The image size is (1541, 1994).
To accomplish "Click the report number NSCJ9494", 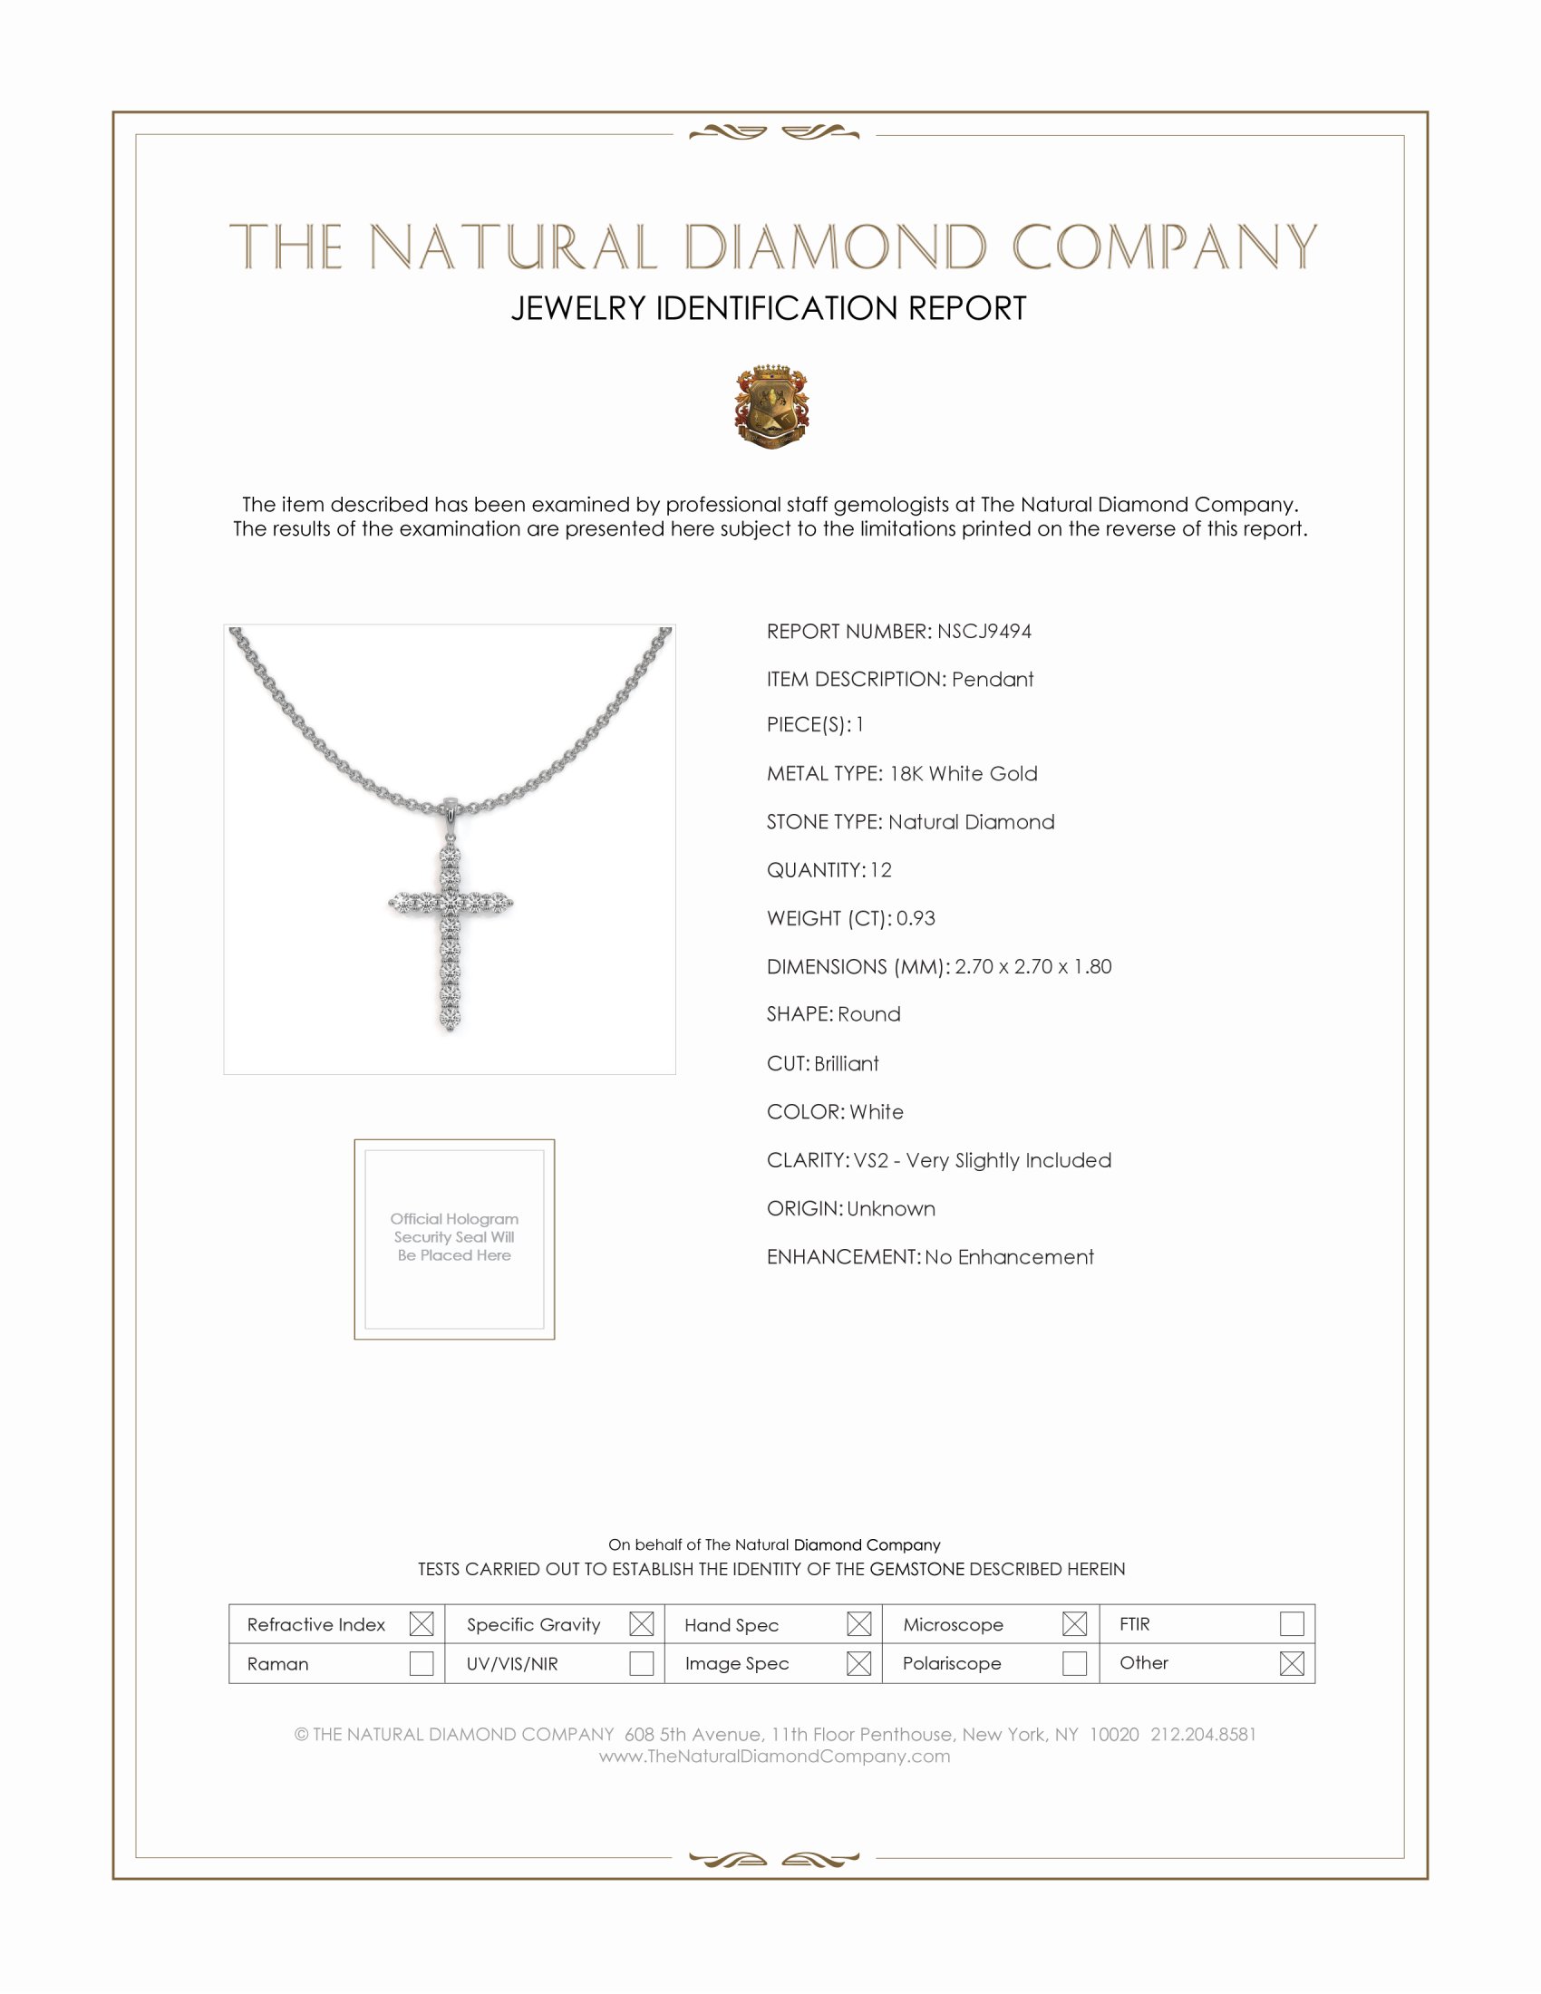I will pos(984,632).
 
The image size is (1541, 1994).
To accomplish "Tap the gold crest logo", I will pos(771,406).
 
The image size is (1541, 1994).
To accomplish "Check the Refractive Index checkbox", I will pos(421,1624).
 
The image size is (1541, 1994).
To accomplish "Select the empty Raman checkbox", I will pos(421,1663).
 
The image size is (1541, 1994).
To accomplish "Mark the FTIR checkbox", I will pos(1292,1624).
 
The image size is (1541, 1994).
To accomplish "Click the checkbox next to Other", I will pos(1292,1663).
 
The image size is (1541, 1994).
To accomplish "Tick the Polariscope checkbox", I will pos(1074,1663).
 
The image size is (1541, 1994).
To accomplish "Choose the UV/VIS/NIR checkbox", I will pos(642,1663).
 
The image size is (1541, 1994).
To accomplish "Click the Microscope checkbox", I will pos(1074,1624).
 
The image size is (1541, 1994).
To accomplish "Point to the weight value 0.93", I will pos(916,918).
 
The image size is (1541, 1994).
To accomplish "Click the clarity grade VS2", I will pos(871,1160).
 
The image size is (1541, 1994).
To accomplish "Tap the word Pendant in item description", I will pos(993,680).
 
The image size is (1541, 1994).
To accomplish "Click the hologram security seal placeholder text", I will pos(455,1237).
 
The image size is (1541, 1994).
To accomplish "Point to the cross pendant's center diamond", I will pos(451,903).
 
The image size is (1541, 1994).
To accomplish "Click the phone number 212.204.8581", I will pos(1203,1735).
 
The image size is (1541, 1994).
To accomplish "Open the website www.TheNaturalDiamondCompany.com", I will pos(774,1757).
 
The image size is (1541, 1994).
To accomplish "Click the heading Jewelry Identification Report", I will pos(769,308).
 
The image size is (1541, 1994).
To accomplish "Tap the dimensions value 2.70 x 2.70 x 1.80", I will pos(1032,967).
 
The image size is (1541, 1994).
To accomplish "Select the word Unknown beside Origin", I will pos(891,1209).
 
